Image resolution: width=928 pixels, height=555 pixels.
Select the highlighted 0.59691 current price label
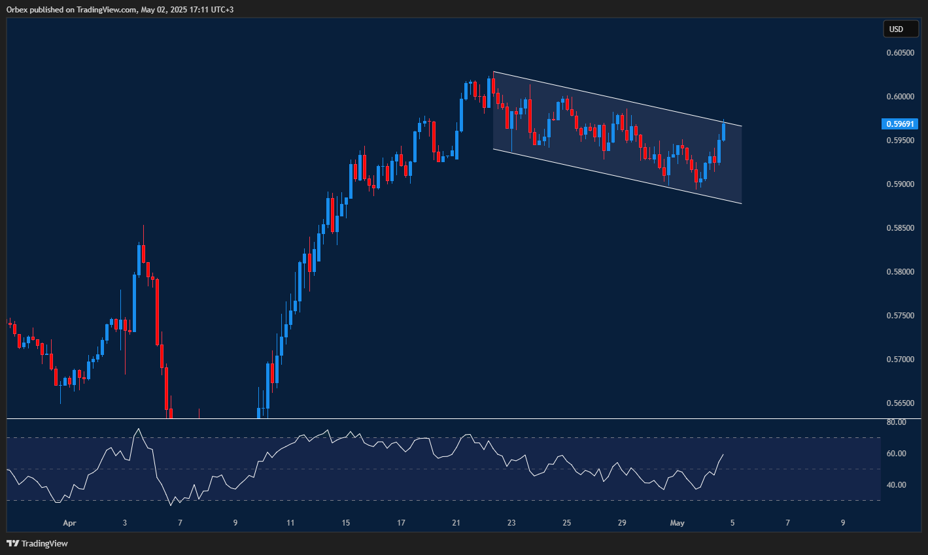tap(901, 124)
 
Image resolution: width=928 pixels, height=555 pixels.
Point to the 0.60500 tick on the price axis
tap(901, 53)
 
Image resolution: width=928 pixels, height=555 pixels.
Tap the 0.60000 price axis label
tap(901, 97)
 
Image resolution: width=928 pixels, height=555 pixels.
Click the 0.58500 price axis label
tap(901, 228)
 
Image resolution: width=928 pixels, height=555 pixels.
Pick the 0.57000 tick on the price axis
tap(901, 360)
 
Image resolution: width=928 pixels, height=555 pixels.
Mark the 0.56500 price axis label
tap(901, 403)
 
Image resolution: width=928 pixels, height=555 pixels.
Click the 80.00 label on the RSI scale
tap(896, 422)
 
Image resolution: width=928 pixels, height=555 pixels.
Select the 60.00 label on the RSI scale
tap(896, 454)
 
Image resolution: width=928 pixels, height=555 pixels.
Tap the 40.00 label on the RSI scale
tap(896, 485)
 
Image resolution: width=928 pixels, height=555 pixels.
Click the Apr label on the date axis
tap(69, 523)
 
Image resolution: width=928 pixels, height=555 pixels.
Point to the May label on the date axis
tap(678, 523)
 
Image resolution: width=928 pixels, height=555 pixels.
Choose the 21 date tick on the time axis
tap(456, 523)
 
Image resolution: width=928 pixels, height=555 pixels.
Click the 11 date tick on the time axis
tap(290, 523)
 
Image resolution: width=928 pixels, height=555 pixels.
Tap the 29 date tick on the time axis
tap(622, 523)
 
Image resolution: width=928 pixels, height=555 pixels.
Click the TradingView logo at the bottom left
tap(37, 543)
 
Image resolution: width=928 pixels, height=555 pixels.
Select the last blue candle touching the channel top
tap(723, 131)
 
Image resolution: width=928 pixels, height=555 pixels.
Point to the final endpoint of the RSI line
tap(723, 454)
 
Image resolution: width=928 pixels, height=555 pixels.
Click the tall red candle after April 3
tap(157, 311)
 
